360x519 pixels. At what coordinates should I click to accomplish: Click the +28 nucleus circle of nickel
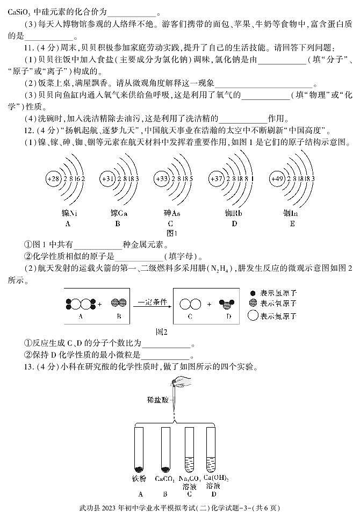[53, 178]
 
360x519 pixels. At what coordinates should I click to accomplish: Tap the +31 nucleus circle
[108, 178]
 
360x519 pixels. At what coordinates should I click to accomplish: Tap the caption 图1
[172, 234]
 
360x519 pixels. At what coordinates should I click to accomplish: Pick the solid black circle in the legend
[253, 294]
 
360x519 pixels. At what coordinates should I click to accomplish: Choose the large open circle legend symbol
[253, 316]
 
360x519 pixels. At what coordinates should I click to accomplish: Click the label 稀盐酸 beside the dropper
[157, 400]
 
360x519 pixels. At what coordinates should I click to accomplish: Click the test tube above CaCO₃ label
[165, 449]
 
